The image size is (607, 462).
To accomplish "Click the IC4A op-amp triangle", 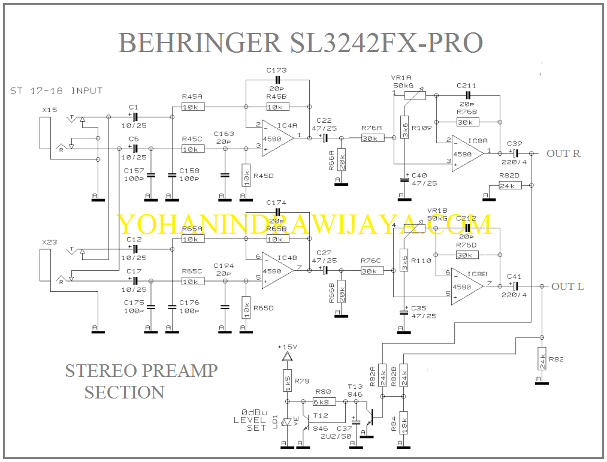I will [276, 138].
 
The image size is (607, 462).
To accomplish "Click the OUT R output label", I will [563, 154].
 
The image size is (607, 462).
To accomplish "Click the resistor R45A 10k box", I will [193, 107].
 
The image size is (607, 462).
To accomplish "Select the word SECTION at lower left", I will [125, 392].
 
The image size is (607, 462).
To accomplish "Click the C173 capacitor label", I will [276, 71].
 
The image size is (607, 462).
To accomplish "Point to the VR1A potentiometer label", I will [401, 78].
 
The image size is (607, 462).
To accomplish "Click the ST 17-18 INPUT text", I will [56, 91].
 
